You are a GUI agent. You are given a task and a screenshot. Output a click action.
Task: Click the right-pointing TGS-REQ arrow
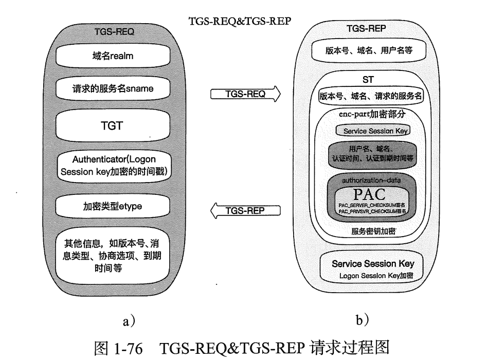click(x=246, y=94)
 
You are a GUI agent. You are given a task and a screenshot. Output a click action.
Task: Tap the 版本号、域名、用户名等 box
click(x=369, y=50)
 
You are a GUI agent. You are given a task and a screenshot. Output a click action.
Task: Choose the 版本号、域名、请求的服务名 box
click(x=370, y=96)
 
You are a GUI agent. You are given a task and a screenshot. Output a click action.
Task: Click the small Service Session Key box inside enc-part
click(x=369, y=131)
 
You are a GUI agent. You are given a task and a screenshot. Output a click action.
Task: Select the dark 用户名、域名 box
click(x=370, y=153)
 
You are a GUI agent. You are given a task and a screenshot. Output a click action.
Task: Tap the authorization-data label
click(x=369, y=181)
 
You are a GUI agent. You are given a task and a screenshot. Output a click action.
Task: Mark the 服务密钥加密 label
click(x=369, y=231)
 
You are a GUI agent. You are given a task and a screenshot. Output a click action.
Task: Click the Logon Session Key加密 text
click(x=376, y=276)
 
